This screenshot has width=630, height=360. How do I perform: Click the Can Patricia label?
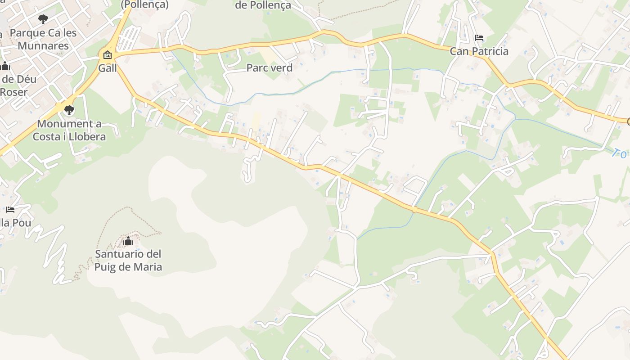point(479,51)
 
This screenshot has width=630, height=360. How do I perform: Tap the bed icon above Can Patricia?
point(479,37)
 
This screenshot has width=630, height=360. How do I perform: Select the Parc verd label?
point(269,68)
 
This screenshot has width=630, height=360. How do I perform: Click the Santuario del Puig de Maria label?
point(128,261)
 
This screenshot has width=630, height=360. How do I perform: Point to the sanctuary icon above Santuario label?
point(128,241)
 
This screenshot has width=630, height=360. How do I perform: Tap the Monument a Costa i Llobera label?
point(69,130)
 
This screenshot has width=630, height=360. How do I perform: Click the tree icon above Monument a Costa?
point(69,110)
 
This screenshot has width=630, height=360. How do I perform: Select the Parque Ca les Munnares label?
point(43,39)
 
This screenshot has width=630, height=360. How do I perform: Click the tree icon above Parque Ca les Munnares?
point(43,19)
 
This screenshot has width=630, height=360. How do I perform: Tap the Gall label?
point(108,68)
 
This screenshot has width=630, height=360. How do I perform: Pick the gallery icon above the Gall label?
point(108,55)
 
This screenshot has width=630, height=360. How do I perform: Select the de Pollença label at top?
point(263,5)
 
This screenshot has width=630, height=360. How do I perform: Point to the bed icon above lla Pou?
point(10,210)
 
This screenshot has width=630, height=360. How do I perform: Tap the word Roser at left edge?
point(13,92)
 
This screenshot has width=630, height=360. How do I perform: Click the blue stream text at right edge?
point(620,154)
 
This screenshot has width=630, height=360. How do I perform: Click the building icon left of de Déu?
point(5,66)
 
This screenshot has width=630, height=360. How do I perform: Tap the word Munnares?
point(43,46)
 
